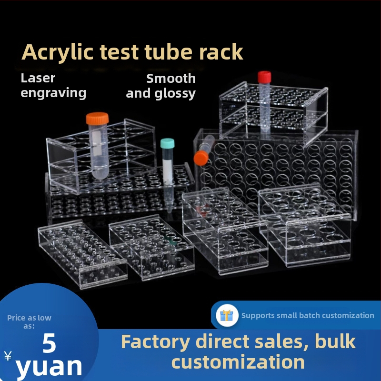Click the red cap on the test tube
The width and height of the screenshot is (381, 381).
264,77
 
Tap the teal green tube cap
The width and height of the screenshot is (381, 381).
167,143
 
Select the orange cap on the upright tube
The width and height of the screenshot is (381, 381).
97,119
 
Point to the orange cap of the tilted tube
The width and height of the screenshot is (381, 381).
201,158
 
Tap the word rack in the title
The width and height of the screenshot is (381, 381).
221,52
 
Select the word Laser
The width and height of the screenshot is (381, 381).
38,78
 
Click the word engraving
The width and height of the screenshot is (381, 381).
53,93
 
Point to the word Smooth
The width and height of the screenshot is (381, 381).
171,79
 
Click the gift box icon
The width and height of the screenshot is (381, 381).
227,315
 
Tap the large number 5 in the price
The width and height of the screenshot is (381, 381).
50,343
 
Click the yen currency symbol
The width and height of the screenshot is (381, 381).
8,356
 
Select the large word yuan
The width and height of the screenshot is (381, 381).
49,366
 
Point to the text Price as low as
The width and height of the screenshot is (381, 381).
29,322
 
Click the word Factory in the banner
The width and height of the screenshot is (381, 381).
155,342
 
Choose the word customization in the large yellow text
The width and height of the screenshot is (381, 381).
238,362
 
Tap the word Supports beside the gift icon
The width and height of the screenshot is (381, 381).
258,315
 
